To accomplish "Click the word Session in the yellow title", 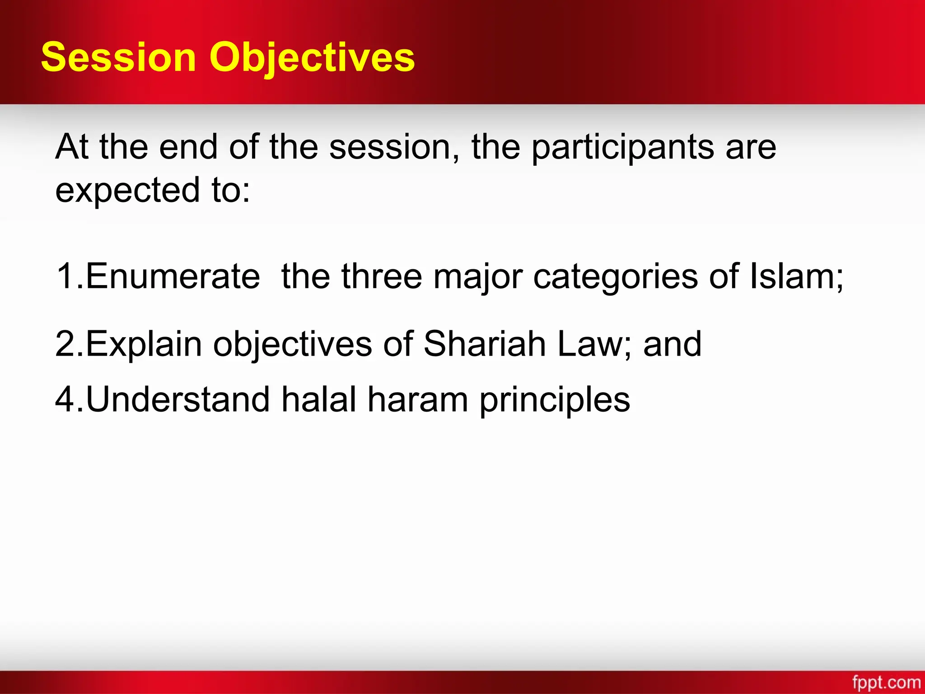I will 118,57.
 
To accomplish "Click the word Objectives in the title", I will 312,57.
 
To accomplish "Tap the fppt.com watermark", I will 886,682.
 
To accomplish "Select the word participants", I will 622,147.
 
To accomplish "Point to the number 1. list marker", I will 69,276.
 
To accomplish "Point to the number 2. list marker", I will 69,344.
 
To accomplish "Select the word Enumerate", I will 173,276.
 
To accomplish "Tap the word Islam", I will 793,276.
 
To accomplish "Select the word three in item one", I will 382,276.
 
